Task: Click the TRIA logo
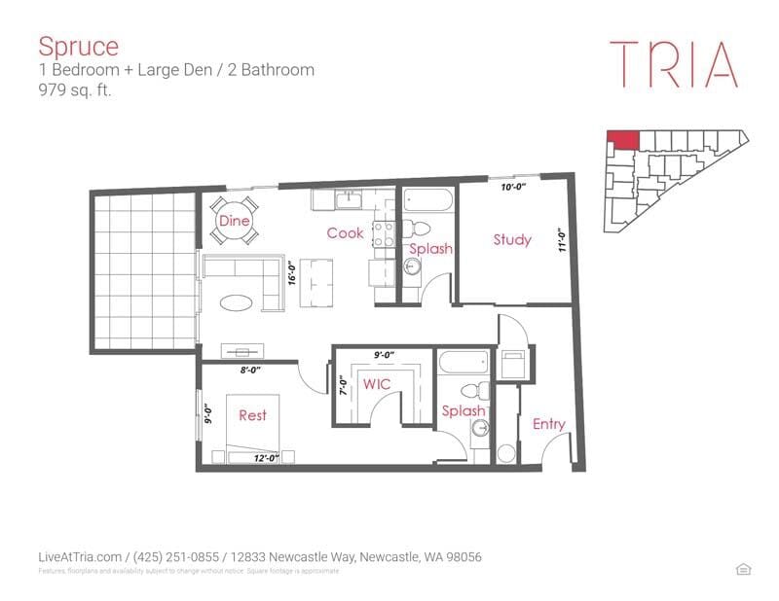[x=673, y=64]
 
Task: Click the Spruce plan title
[x=78, y=46]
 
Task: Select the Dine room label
[x=234, y=222]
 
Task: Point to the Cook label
[x=345, y=233]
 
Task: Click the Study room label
[x=512, y=239]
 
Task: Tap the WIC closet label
[x=377, y=384]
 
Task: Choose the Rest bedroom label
[x=252, y=415]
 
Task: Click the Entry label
[x=549, y=424]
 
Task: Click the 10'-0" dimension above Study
[x=513, y=187]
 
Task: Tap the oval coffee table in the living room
[x=240, y=302]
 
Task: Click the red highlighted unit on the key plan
[x=623, y=139]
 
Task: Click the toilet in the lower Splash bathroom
[x=477, y=392]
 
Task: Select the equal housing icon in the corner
[x=745, y=569]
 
